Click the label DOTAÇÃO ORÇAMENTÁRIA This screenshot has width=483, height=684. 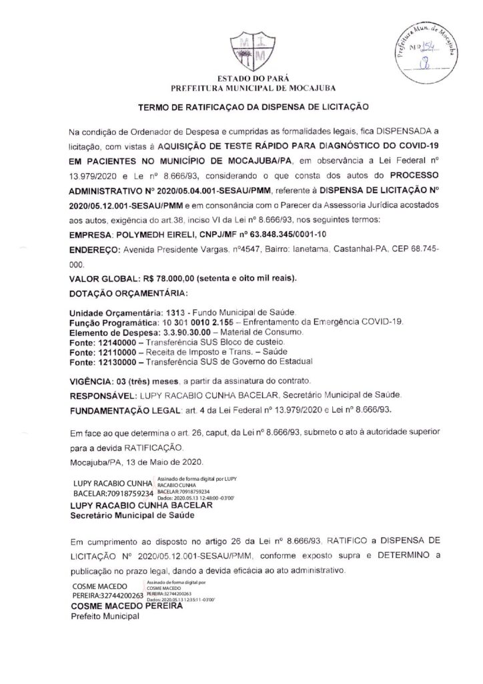click(129, 293)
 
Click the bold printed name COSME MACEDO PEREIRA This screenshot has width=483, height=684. click(128, 607)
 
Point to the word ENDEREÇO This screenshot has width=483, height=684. click(93, 249)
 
